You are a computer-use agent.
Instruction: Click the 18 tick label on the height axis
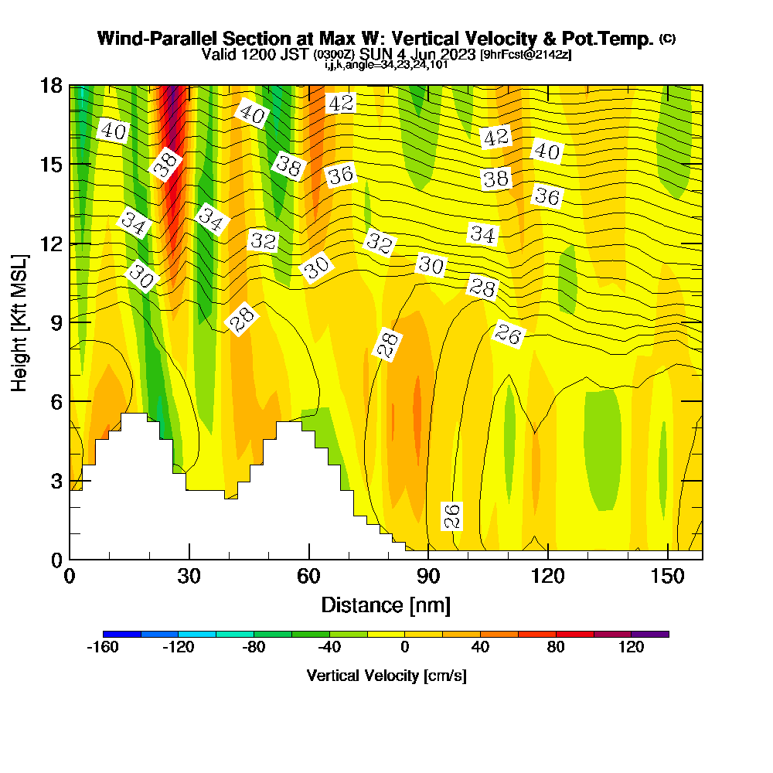tap(51, 85)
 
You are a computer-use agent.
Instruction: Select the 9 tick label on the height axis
tap(56, 322)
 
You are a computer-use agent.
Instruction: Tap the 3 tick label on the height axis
tap(56, 480)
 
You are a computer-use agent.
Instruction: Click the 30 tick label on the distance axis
tap(189, 577)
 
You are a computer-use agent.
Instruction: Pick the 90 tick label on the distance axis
tap(428, 577)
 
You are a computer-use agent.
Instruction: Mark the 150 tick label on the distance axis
tap(666, 577)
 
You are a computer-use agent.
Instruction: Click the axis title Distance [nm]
tap(386, 604)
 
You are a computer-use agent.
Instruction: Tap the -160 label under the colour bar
tap(103, 648)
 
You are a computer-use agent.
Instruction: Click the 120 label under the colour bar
tap(631, 648)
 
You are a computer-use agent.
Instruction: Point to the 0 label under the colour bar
tap(404, 648)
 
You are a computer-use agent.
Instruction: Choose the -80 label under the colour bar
tap(254, 648)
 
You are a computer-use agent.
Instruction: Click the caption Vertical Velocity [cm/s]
tap(386, 676)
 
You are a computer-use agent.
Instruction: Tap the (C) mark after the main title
tap(667, 39)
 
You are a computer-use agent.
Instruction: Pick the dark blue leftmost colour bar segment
tap(122, 634)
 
